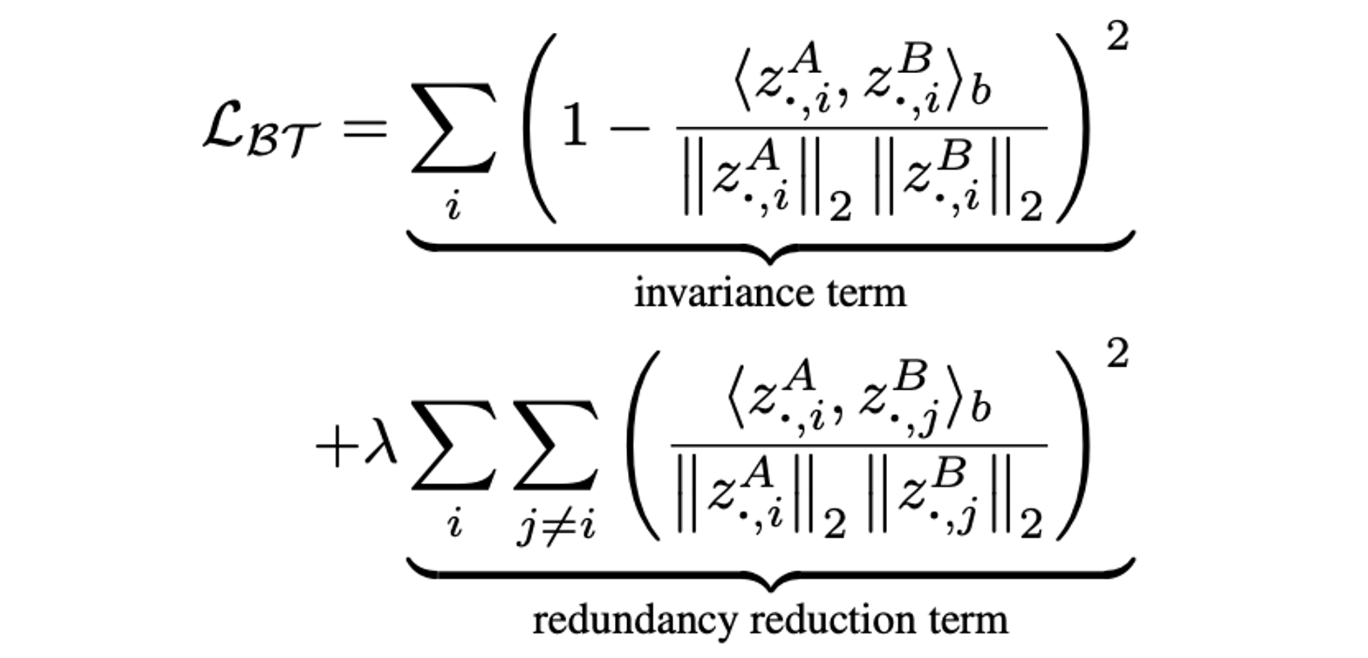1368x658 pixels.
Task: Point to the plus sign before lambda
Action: point(337,447)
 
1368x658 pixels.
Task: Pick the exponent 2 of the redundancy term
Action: point(1117,355)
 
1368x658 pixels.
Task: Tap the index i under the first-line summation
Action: point(453,205)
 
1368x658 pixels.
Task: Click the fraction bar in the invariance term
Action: point(862,128)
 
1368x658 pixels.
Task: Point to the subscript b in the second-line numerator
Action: point(980,408)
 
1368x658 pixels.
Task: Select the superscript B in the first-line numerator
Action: point(915,60)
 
